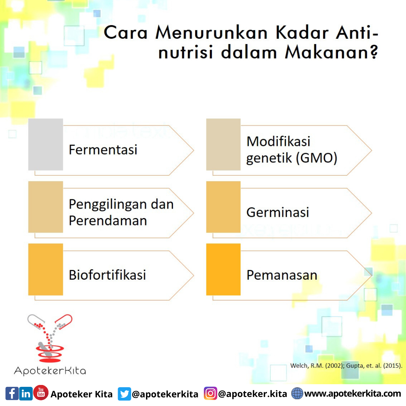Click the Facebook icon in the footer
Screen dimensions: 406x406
12,394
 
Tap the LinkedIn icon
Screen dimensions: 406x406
26,394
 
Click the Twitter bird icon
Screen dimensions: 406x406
124,394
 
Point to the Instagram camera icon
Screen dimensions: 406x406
211,394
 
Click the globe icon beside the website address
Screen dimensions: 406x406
297,394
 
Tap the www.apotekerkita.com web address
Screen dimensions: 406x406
353,394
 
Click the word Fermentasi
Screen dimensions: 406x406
103,150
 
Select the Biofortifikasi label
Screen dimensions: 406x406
108,275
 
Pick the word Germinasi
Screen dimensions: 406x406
278,212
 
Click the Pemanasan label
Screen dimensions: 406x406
282,275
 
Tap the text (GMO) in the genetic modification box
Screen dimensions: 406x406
317,158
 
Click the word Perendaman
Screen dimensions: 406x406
108,221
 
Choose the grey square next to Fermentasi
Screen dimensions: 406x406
45,144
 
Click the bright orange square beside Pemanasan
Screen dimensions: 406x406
223,270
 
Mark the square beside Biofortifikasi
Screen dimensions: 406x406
45,270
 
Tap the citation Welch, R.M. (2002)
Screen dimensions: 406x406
317,366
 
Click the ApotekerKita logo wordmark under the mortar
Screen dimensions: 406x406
50,371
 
